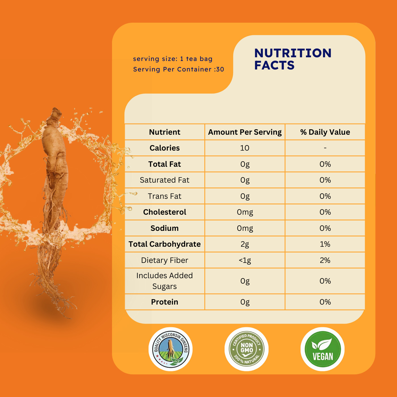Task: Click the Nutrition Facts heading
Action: tap(293, 59)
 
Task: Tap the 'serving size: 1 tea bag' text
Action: tap(173, 59)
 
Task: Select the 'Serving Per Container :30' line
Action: tap(178, 69)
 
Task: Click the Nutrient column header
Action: tap(164, 132)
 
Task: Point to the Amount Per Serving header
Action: tap(245, 132)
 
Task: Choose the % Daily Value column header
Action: tap(325, 132)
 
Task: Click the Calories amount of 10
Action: tap(244, 148)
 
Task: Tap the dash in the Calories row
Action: tap(325, 148)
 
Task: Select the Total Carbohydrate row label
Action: tap(164, 244)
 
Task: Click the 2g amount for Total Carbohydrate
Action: tap(245, 244)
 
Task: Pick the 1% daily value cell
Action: tap(325, 244)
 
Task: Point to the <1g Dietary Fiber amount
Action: tap(245, 260)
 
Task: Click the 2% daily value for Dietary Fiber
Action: tap(325, 260)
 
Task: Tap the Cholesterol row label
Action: tap(164, 212)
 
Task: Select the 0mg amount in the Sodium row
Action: tap(245, 228)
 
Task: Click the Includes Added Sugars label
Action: tap(164, 281)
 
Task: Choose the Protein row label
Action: tap(164, 302)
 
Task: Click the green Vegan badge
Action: tap(322, 349)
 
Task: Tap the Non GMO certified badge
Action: tap(246, 349)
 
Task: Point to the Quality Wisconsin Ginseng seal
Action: tap(171, 349)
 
